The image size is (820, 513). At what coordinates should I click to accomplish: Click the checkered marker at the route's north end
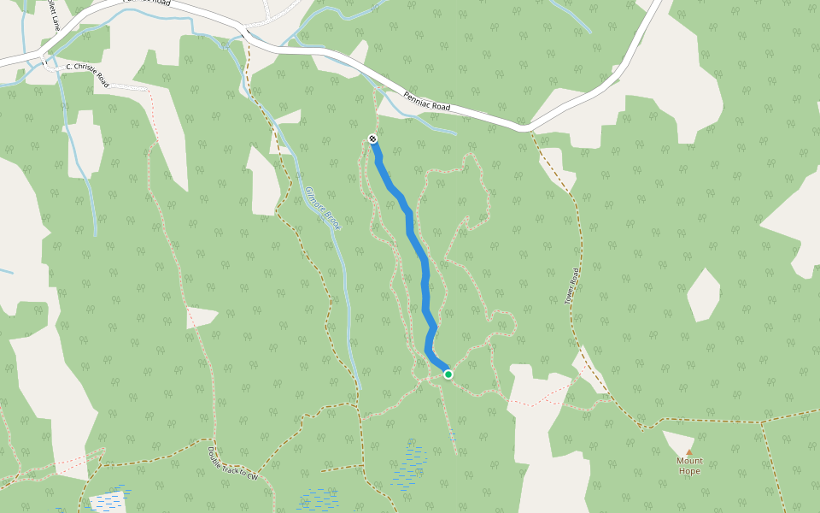point(373,139)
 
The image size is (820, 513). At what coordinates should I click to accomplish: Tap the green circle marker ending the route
point(448,374)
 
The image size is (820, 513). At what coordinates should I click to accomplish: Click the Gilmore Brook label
point(323,209)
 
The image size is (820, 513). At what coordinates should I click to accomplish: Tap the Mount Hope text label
point(689,466)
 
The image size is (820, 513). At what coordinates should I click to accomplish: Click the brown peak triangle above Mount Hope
point(689,451)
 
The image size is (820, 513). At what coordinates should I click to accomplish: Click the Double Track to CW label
point(232,463)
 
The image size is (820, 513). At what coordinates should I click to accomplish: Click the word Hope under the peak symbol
point(689,471)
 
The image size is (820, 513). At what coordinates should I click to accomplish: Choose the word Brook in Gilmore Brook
point(332,221)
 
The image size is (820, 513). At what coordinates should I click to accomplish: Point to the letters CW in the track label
point(252,475)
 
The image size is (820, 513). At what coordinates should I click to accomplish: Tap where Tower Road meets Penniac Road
point(530,129)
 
